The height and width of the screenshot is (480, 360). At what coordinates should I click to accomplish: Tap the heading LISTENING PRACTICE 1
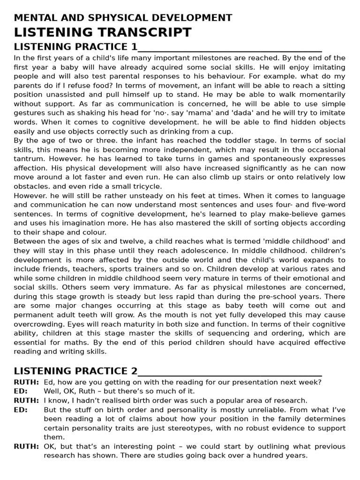click(x=76, y=47)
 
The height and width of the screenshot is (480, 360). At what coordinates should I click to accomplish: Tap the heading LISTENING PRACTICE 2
click(x=76, y=372)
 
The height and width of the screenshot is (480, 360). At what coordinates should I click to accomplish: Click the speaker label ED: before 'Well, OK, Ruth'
click(x=21, y=391)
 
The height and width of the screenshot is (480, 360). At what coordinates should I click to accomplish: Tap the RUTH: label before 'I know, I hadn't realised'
click(x=26, y=400)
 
